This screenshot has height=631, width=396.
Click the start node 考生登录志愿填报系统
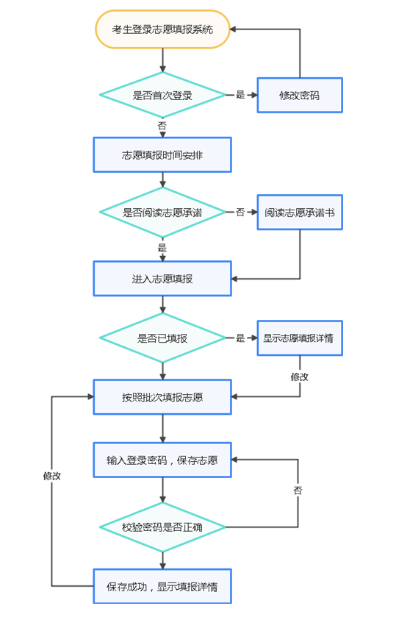(x=162, y=29)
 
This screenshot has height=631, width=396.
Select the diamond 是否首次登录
(x=162, y=95)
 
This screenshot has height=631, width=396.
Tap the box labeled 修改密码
(x=299, y=95)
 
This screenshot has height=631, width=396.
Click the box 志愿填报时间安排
(x=162, y=154)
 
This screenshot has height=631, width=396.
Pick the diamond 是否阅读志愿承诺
(x=162, y=212)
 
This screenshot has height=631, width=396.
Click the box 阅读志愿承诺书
(x=299, y=212)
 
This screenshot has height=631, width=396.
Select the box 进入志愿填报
(x=162, y=279)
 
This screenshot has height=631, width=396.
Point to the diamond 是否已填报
(x=162, y=338)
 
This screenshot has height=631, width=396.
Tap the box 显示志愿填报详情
(x=299, y=338)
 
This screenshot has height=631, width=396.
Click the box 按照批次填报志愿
(x=162, y=397)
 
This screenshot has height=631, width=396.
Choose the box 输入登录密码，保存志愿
(x=162, y=460)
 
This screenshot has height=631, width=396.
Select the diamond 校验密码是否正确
(x=162, y=527)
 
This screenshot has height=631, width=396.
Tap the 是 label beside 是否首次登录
(x=240, y=95)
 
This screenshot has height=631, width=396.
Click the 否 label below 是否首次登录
(x=162, y=126)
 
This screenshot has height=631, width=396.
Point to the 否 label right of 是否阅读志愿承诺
(x=240, y=212)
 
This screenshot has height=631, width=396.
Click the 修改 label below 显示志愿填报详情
(x=299, y=377)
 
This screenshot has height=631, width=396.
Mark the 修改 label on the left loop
(x=51, y=476)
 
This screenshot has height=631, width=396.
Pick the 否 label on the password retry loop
(x=298, y=490)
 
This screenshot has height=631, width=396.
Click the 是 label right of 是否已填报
(x=240, y=338)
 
